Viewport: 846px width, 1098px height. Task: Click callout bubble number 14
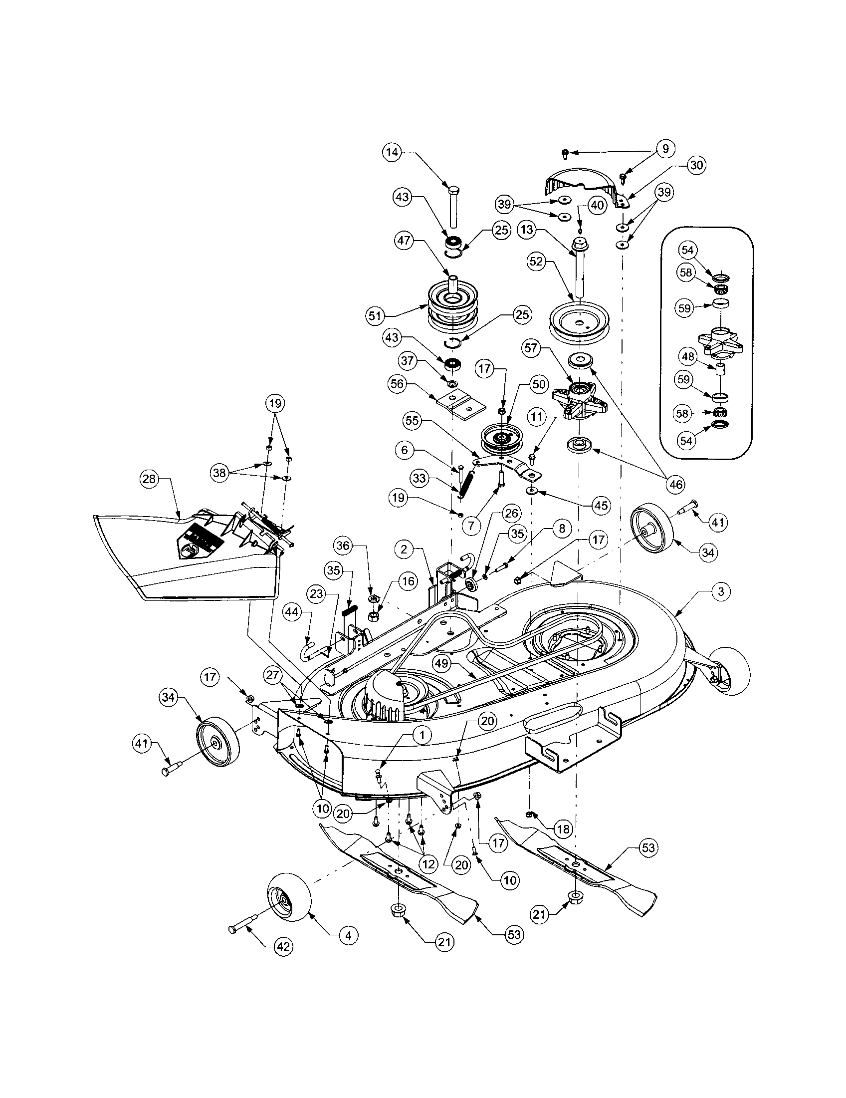point(393,153)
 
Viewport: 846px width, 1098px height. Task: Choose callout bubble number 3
point(720,591)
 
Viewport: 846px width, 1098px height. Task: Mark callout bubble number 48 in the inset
point(688,357)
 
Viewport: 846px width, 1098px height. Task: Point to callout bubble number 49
point(441,664)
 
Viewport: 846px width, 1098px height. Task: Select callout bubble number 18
point(564,829)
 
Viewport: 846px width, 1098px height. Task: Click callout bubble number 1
point(422,735)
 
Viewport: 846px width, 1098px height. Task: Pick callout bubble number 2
point(404,549)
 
